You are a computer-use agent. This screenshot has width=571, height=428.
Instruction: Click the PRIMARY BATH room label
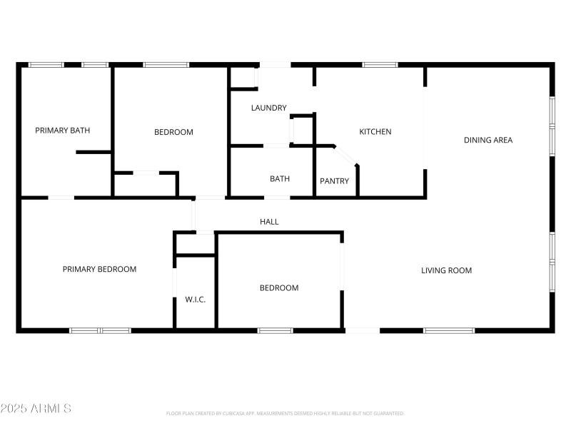(63, 131)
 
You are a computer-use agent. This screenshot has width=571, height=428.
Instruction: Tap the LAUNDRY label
(268, 108)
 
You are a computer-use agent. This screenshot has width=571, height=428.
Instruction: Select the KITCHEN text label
(375, 132)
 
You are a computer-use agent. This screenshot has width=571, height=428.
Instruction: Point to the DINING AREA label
(488, 141)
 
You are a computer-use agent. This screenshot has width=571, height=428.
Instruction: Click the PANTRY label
(334, 181)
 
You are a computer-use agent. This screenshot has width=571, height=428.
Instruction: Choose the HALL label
(269, 223)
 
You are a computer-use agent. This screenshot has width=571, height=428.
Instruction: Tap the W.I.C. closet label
(195, 300)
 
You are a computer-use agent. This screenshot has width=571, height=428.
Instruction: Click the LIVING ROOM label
(446, 271)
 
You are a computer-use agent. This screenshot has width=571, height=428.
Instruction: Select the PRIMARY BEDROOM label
(99, 270)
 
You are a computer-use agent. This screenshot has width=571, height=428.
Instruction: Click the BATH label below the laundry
(279, 179)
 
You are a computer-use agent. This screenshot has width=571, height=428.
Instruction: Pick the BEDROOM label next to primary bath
(173, 133)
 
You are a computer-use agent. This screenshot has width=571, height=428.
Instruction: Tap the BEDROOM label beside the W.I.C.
(278, 288)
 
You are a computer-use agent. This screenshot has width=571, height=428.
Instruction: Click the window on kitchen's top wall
(380, 65)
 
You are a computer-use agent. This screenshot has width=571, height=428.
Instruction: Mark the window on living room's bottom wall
(449, 330)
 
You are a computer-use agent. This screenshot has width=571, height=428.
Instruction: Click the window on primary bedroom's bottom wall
(100, 330)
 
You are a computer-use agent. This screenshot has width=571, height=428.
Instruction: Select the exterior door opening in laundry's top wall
(275, 65)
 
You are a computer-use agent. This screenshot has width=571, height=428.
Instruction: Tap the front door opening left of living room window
(363, 330)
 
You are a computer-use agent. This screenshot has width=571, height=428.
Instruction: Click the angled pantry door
(347, 156)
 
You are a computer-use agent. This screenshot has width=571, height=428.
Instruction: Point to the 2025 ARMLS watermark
(36, 409)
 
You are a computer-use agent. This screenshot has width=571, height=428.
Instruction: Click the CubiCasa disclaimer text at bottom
(285, 413)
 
